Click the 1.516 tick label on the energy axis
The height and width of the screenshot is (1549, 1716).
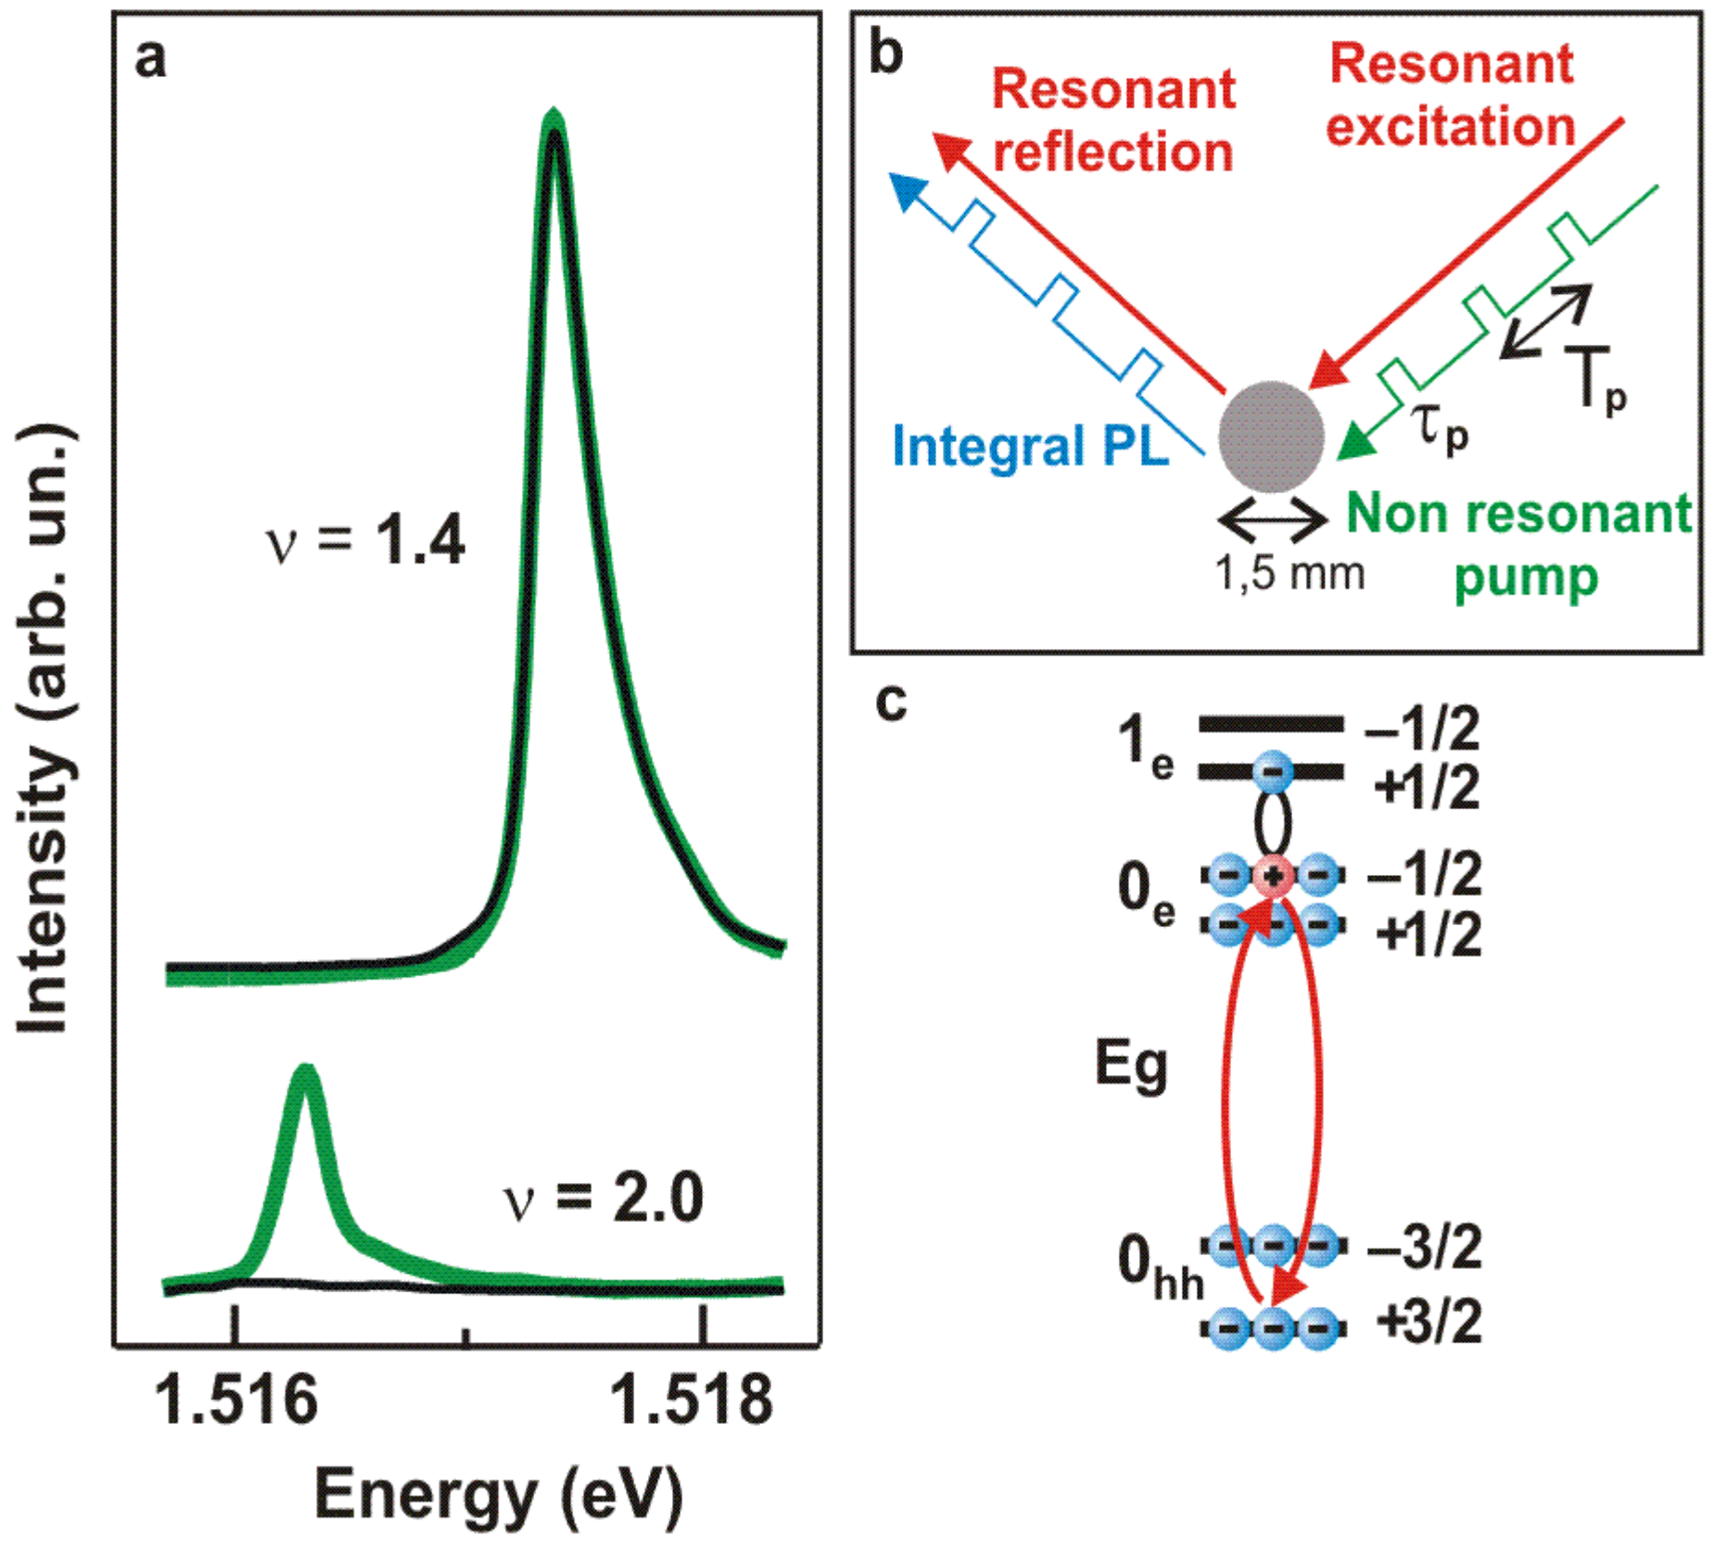[x=236, y=1401]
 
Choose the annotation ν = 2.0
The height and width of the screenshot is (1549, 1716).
[x=604, y=1198]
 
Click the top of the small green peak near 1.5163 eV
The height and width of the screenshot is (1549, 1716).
[x=305, y=1073]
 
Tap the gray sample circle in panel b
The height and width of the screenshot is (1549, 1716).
[x=1271, y=437]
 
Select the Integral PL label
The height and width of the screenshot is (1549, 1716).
[x=1030, y=447]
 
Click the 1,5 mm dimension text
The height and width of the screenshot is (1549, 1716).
[x=1290, y=574]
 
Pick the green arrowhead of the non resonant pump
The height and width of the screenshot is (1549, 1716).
[x=1356, y=442]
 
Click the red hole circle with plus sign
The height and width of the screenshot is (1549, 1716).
[x=1274, y=875]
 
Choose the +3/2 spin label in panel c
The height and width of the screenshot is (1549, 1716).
[x=1429, y=1322]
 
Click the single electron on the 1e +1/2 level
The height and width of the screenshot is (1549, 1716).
[x=1273, y=770]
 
